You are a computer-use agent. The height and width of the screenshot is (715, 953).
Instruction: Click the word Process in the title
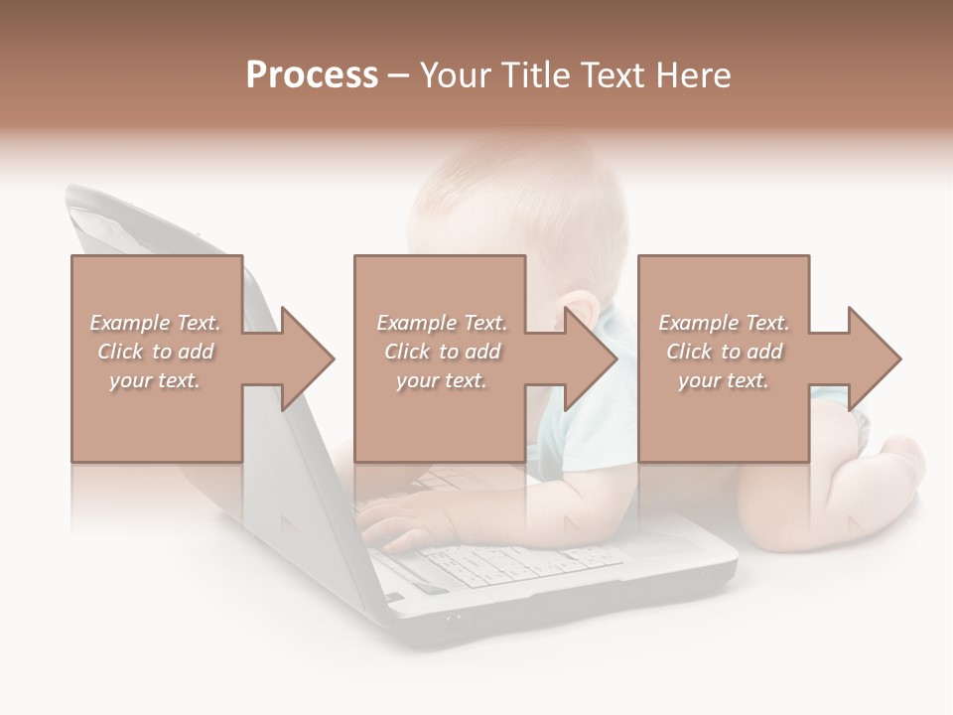[312, 75]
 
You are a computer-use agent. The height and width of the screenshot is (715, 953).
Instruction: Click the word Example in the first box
[129, 323]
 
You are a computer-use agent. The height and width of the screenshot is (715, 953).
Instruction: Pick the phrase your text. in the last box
[723, 380]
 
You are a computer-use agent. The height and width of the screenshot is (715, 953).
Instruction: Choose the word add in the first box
[196, 352]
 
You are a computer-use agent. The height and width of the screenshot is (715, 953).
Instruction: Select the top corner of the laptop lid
[74, 194]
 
